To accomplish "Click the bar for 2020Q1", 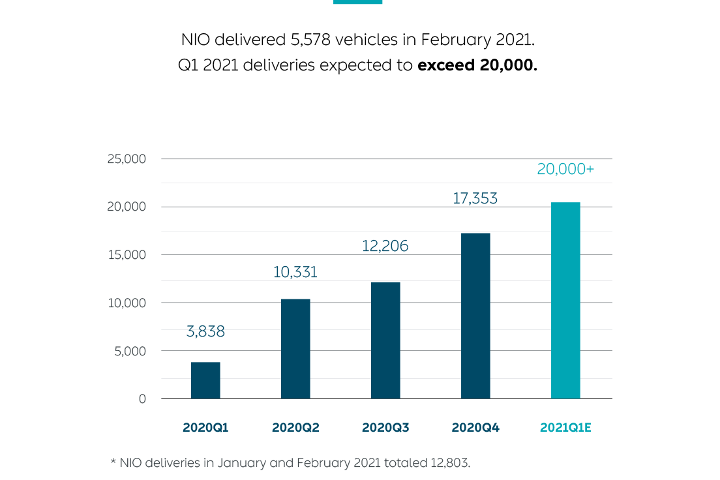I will point(205,380).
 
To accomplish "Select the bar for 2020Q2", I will point(295,349).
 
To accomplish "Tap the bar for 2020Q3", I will point(385,340).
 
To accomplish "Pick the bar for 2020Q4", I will point(475,316).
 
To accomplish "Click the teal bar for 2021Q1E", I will point(565,301).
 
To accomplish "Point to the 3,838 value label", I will point(205,331).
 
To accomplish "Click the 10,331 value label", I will point(295,272).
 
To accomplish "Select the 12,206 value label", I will point(385,246).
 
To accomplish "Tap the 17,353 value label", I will point(475,198).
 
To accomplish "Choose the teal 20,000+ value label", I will point(565,169).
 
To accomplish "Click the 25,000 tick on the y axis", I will point(127,159).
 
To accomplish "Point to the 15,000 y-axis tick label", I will point(127,255).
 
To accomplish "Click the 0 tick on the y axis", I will point(142,399).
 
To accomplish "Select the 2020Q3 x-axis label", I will point(385,428).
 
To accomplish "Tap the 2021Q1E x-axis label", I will point(565,428).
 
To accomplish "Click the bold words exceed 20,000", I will point(477,66).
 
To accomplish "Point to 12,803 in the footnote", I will point(449,463).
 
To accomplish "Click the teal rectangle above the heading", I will point(357,2).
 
